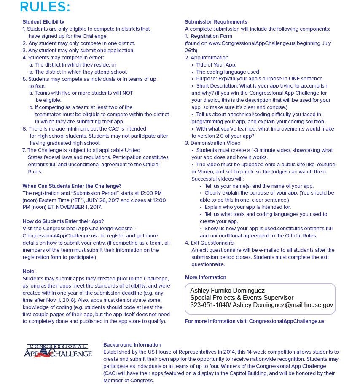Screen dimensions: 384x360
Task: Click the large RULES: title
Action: (x=45, y=7)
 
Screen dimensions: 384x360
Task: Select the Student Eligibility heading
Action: (x=43, y=22)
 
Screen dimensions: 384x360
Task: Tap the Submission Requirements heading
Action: (x=216, y=22)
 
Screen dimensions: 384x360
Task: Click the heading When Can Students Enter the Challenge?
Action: (x=72, y=186)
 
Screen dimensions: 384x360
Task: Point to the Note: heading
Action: (x=29, y=272)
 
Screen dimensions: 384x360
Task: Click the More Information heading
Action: (x=205, y=277)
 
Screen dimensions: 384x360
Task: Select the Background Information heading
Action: (x=132, y=345)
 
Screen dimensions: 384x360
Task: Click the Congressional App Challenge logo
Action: (x=58, y=351)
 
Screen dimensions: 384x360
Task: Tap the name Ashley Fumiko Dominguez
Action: (x=227, y=291)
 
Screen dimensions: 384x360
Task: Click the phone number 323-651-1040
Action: (x=209, y=305)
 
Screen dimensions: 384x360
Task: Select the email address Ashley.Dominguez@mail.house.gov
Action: (x=282, y=305)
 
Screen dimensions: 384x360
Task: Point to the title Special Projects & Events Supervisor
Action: (x=242, y=298)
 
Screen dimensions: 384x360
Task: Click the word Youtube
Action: (x=326, y=165)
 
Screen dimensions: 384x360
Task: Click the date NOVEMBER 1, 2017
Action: (x=77, y=207)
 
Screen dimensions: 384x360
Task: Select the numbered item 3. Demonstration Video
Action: (x=212, y=143)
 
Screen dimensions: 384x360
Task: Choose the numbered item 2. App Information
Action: (x=207, y=58)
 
